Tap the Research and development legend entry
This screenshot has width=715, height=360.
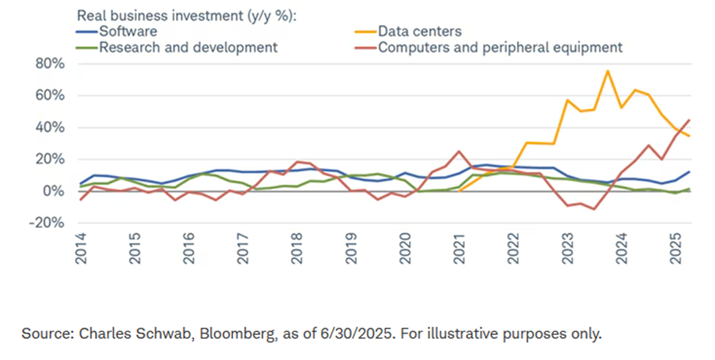tap(187, 48)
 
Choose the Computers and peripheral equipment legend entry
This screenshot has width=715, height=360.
tap(500, 48)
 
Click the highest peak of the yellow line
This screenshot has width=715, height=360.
tap(608, 71)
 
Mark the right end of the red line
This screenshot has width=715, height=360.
tap(689, 120)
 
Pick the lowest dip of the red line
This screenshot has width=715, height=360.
tap(593, 209)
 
